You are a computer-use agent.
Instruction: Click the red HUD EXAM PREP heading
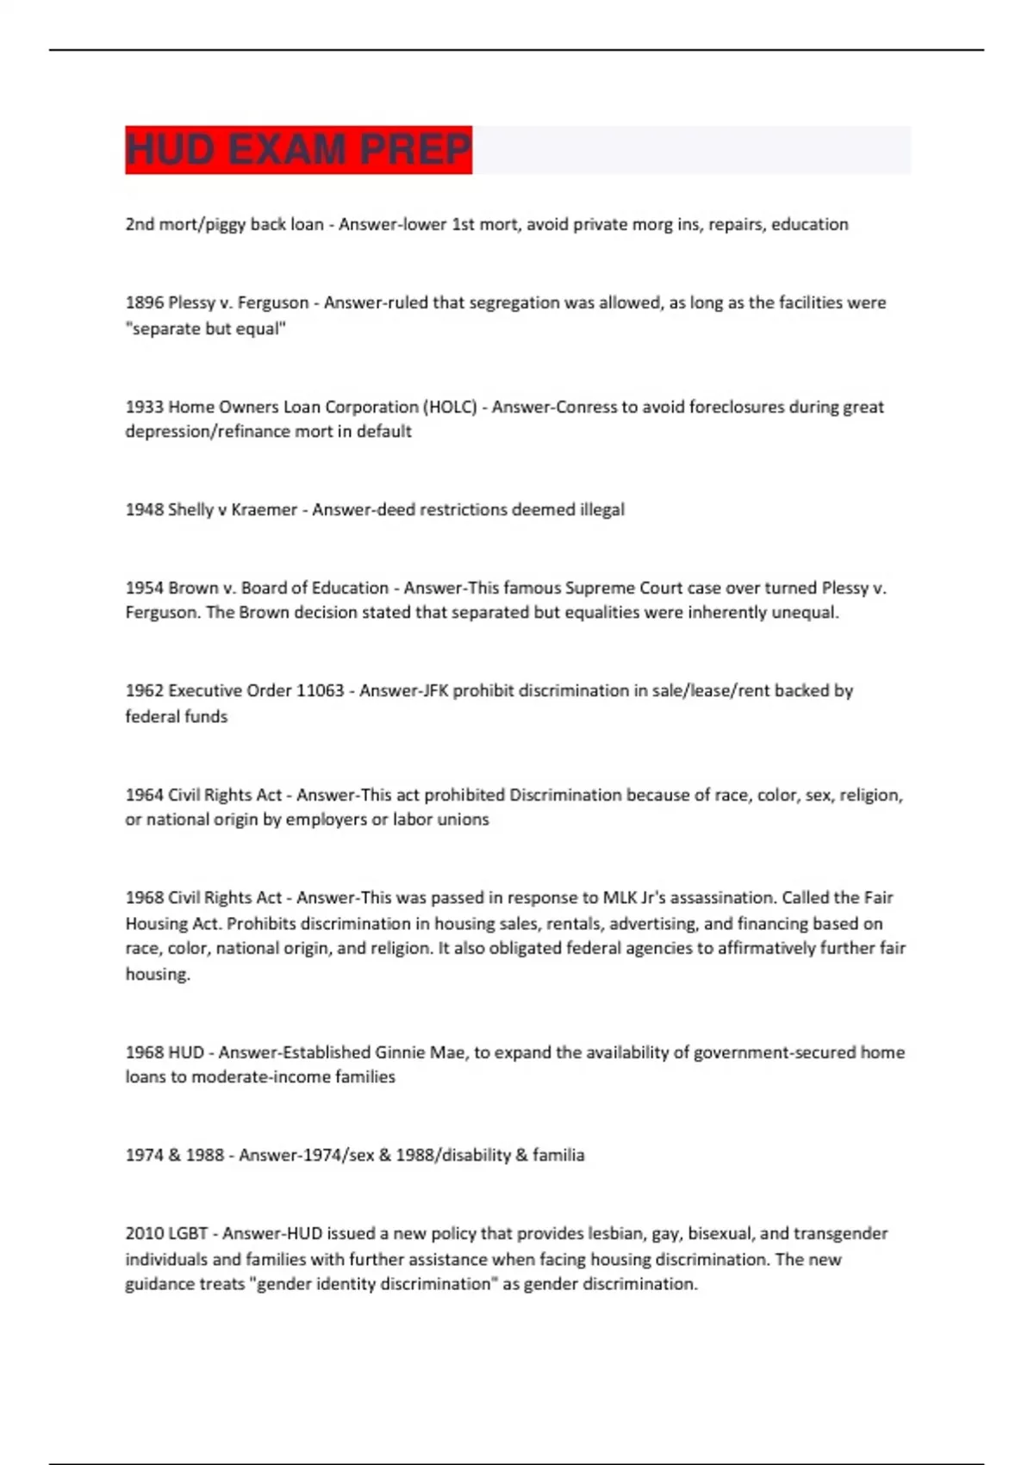click(x=298, y=150)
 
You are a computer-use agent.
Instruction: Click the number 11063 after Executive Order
click(x=320, y=690)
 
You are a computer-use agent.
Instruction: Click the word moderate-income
click(x=261, y=1077)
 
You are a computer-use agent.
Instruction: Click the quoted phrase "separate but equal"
click(x=205, y=328)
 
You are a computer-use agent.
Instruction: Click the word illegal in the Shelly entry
click(x=601, y=509)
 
